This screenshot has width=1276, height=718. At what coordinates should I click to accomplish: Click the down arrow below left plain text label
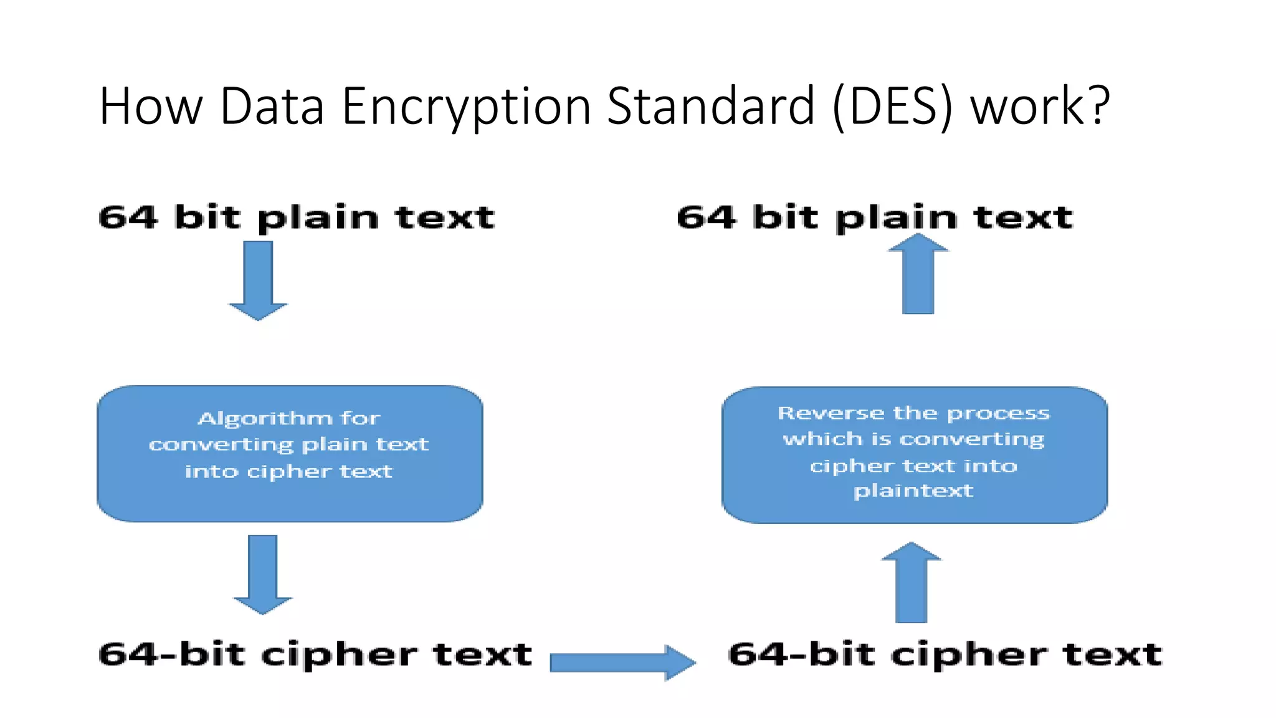click(x=258, y=280)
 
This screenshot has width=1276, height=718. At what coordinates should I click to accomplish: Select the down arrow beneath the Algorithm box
click(x=262, y=573)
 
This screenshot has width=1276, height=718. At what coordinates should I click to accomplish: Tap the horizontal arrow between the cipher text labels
click(x=622, y=662)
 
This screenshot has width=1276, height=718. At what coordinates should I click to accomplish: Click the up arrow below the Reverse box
click(x=911, y=583)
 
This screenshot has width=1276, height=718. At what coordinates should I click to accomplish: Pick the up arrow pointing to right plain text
click(x=918, y=274)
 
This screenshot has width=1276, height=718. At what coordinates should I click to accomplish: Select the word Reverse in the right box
click(x=831, y=413)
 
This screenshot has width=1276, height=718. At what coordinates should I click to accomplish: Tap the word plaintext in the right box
click(x=913, y=491)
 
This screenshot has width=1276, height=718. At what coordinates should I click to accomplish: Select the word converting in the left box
click(x=221, y=444)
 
